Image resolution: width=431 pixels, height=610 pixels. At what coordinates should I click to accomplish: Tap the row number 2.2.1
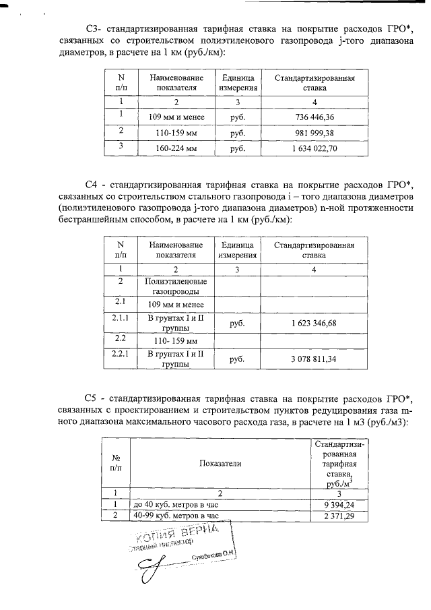point(121,353)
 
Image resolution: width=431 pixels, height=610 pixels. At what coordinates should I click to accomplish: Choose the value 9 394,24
point(339,504)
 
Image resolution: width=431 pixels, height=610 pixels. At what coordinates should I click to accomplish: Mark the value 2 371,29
point(339,516)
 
